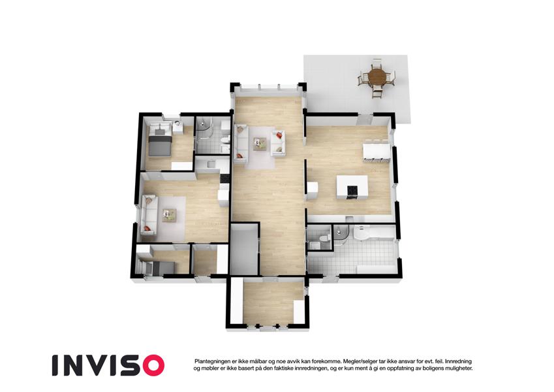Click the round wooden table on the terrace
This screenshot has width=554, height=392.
377,76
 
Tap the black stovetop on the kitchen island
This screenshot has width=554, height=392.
352,191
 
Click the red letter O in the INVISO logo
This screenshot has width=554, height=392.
151,365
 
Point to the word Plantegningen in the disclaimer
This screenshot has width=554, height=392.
211,361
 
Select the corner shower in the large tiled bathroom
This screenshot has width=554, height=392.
342,234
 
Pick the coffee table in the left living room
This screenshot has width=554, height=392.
169,215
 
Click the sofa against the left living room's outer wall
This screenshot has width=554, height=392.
149,214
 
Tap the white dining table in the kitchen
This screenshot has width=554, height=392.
377,152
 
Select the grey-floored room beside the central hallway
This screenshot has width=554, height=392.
245,249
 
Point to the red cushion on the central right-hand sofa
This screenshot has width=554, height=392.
279,135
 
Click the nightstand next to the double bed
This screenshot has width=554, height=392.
177,127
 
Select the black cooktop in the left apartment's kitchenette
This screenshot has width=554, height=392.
224,178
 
